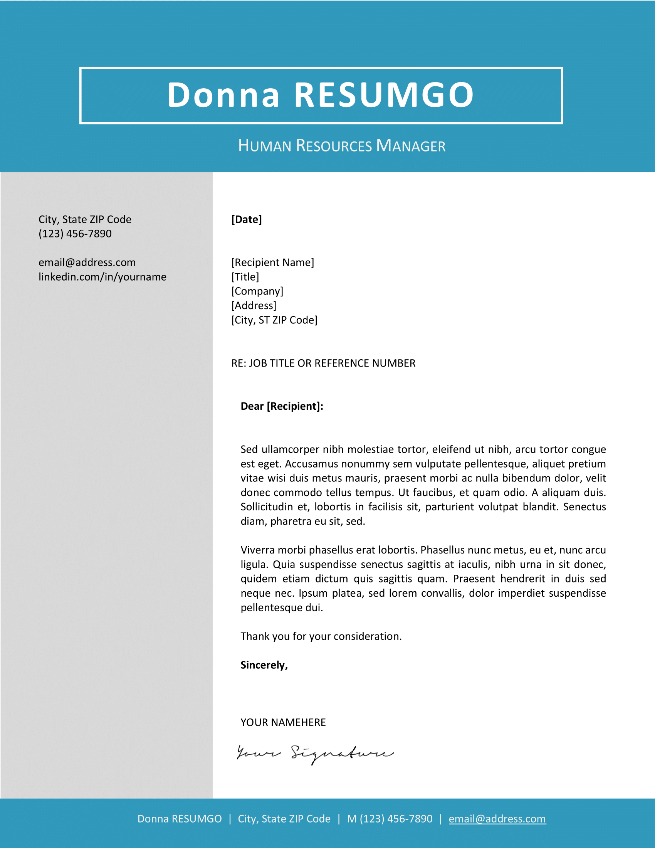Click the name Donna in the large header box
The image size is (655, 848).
coord(223,95)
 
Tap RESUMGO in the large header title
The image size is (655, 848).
coord(384,95)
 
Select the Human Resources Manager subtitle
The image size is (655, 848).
coord(341,146)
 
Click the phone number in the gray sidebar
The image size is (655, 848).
coord(75,234)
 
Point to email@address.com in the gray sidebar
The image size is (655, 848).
coord(87,262)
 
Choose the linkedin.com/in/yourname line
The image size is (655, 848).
coord(102,277)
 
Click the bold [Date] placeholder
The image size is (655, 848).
coord(247,219)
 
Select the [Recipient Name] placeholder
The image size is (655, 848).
coord(272,262)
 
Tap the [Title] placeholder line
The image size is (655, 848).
coord(245,277)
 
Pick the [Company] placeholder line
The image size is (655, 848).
coord(257,291)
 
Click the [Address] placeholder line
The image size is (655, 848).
coord(254,306)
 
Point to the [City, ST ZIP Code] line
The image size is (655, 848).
coord(274,320)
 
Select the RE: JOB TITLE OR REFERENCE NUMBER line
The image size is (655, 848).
coord(323,363)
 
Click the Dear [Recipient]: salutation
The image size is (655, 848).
coord(282,406)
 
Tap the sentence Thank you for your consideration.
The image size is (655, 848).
coord(321,636)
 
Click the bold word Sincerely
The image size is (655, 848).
coord(264,665)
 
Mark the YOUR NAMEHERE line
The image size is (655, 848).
coord(283,722)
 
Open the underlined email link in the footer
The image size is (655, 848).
coord(497,818)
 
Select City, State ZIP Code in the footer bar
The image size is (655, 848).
coord(284,818)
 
